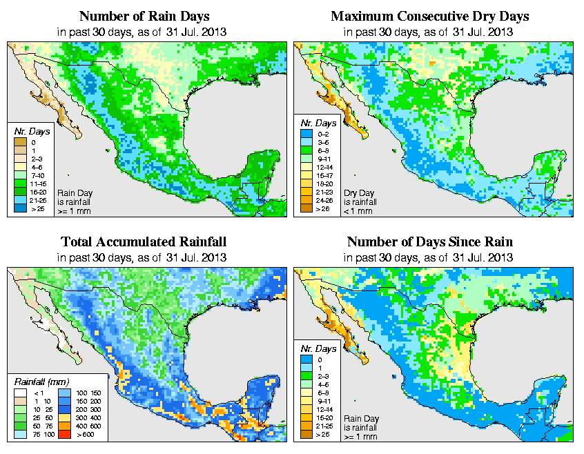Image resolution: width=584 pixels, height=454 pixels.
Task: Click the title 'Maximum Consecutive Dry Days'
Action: pyautogui.click(x=430, y=16)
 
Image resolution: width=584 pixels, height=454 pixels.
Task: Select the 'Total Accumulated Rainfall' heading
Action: pyautogui.click(x=143, y=242)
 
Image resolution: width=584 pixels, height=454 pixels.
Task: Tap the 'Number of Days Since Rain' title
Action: pyautogui.click(x=429, y=242)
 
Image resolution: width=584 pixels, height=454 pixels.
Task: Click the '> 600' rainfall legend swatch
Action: pyautogui.click(x=64, y=435)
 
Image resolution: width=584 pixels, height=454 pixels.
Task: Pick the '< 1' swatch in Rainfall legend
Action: pyautogui.click(x=19, y=392)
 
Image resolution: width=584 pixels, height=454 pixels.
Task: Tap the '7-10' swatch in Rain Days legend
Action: pyautogui.click(x=19, y=175)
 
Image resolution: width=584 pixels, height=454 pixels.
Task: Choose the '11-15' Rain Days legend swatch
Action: pyautogui.click(x=19, y=184)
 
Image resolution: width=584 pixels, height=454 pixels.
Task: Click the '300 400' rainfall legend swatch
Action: pyautogui.click(x=64, y=417)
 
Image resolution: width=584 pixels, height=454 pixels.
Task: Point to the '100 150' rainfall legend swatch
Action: pyautogui.click(x=64, y=392)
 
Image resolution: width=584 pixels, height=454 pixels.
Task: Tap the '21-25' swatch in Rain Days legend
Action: pyautogui.click(x=19, y=200)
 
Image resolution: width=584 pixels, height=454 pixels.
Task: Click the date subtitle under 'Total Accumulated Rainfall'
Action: pyautogui.click(x=143, y=257)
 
